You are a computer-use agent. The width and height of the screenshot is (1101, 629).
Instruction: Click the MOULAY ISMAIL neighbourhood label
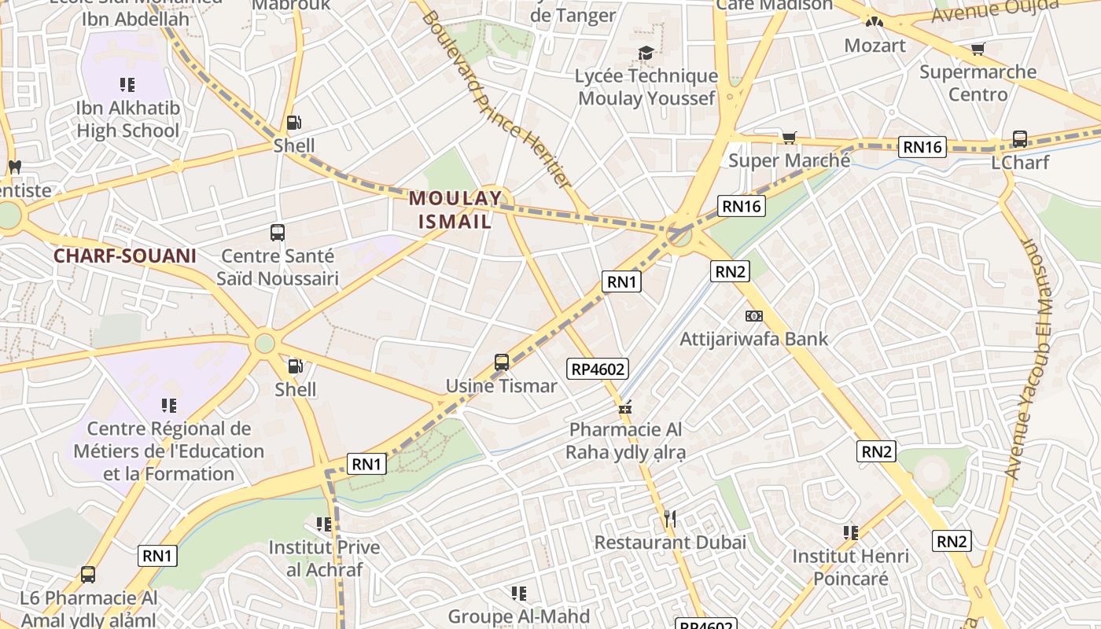pos(455,210)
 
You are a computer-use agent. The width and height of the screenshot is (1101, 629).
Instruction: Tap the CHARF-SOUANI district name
pos(125,256)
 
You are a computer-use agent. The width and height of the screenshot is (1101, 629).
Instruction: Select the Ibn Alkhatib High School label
pos(128,120)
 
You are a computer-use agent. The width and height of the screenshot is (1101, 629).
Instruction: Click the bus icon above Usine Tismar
pos(502,362)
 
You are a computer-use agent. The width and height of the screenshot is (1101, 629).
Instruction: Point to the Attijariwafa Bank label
pos(753,339)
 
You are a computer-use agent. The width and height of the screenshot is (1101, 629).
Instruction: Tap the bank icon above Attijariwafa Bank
pos(753,316)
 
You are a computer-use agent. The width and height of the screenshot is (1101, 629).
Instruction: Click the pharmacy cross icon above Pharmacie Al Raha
pos(625,408)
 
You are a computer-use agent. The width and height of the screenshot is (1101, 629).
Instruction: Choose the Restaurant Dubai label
pos(670,543)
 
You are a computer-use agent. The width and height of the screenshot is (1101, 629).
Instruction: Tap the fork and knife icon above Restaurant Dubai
pos(670,519)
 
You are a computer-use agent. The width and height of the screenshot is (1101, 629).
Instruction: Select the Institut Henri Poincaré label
pos(850,567)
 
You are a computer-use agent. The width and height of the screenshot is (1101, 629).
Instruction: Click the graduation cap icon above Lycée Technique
pos(646,53)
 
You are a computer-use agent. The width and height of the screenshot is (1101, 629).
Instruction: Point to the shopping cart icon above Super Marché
pos(789,138)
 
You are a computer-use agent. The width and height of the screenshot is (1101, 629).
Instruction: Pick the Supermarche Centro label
pos(978,83)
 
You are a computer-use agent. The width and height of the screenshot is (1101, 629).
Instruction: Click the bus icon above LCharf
pos(1020,139)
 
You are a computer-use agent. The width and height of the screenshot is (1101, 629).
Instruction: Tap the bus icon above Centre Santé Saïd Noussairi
pos(277,232)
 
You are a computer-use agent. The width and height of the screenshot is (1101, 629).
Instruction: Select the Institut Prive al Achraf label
pos(324,558)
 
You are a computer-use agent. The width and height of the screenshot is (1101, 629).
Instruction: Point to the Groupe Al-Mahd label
pos(519,616)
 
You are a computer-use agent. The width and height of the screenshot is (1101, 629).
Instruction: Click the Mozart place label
pos(875,46)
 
